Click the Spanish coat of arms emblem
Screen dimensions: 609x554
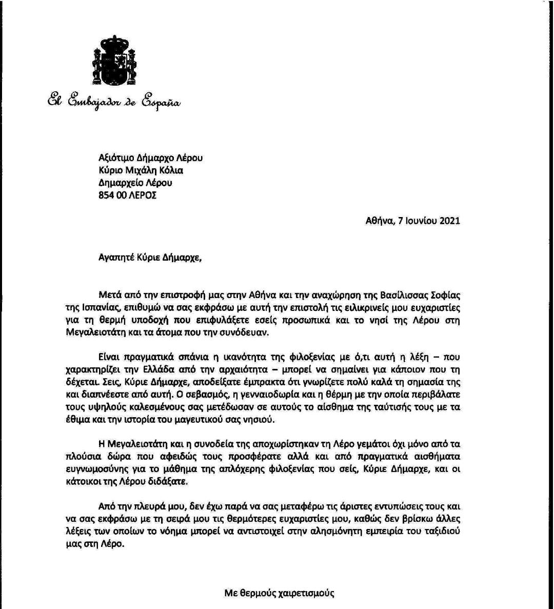[x=115, y=61]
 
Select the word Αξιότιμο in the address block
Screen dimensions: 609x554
[x=115, y=158]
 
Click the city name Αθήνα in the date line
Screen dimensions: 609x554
[x=379, y=221]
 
